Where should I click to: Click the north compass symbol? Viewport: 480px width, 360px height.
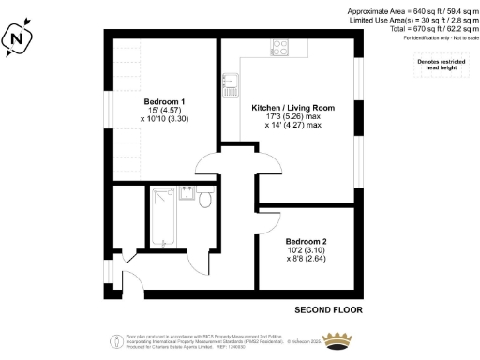17,38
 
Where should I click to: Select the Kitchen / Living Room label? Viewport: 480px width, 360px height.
293,108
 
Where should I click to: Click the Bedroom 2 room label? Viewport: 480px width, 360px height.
306,240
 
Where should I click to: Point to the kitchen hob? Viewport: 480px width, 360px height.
280,47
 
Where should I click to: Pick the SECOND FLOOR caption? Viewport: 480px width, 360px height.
328,308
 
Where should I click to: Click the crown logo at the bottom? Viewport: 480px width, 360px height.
342,341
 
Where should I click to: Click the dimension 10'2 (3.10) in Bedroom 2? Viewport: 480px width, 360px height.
306,249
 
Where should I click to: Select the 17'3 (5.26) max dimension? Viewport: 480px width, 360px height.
293,117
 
